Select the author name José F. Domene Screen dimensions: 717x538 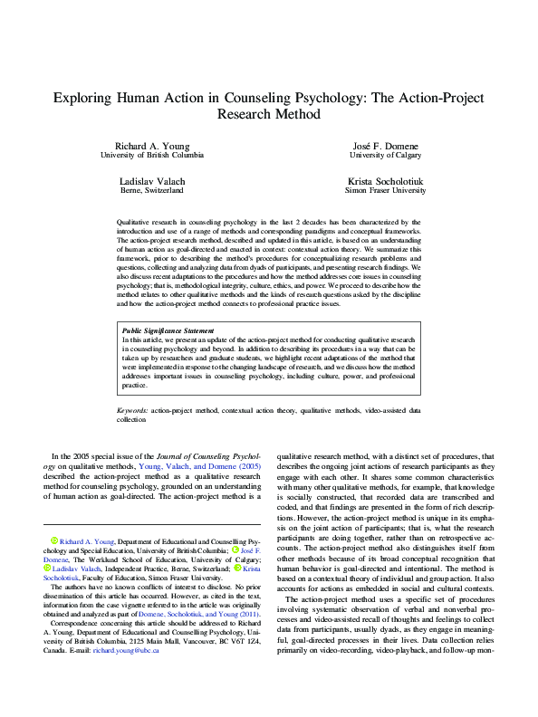click(384, 146)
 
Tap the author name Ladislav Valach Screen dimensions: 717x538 click(152, 182)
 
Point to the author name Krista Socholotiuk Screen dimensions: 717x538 click(384, 182)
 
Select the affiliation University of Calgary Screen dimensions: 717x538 click(384, 155)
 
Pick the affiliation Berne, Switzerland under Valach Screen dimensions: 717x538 click(152, 191)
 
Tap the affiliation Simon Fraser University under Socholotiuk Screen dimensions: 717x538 click(384, 191)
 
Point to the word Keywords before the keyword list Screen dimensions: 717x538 click(134, 411)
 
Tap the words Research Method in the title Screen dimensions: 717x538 click(269, 115)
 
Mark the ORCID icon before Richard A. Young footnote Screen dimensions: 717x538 click(53, 540)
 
